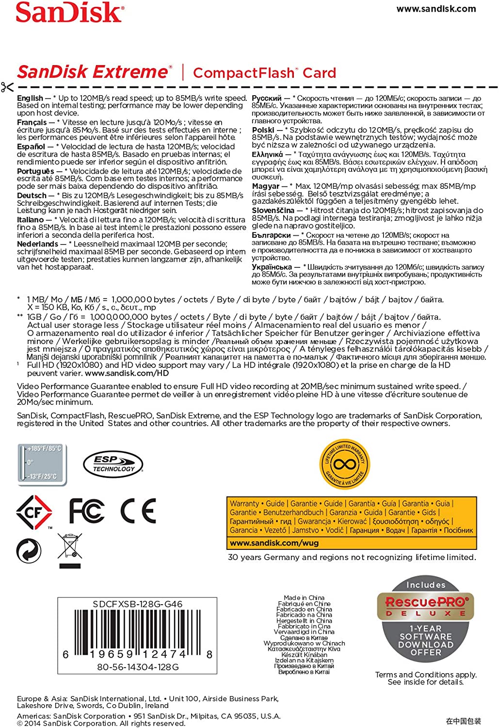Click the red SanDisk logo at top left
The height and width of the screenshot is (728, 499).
(69, 13)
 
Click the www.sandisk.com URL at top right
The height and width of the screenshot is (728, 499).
(436, 9)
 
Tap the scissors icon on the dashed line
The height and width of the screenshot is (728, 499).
(7, 87)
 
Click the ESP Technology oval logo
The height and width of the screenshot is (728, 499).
(113, 464)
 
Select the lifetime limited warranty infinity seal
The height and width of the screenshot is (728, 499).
(345, 464)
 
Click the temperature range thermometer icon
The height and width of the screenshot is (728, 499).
(42, 463)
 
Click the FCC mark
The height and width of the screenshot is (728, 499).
(86, 511)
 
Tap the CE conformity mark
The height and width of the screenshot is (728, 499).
(138, 511)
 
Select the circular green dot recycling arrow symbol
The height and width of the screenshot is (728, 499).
(29, 551)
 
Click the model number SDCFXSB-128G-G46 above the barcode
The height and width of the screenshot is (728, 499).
(138, 604)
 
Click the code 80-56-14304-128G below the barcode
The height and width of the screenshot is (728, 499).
(138, 667)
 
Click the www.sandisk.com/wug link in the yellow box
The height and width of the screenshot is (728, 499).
(274, 543)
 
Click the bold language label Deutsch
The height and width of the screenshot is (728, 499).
(32, 196)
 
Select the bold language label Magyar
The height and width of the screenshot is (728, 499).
(266, 186)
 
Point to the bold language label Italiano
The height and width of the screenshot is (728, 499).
(31, 220)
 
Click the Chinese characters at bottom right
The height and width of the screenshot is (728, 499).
(464, 721)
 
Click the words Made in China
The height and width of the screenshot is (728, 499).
(304, 598)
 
